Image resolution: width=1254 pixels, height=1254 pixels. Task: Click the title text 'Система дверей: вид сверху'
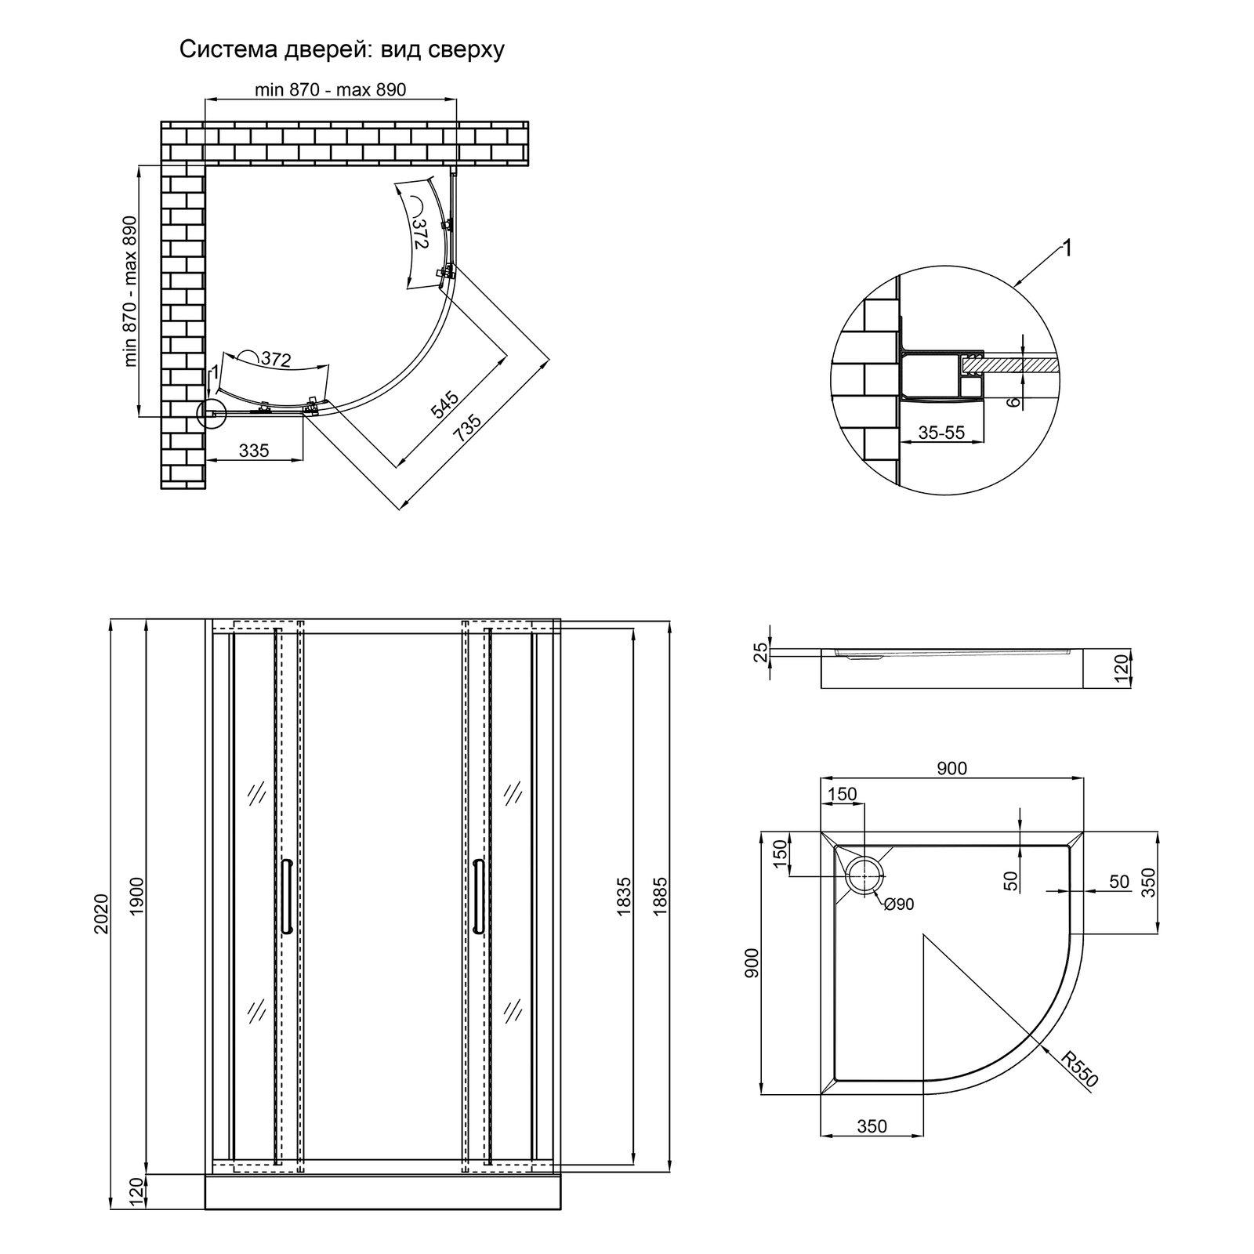[342, 50]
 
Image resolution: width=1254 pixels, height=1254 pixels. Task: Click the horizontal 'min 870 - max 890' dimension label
[330, 89]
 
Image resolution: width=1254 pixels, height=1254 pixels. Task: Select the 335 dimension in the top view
[254, 451]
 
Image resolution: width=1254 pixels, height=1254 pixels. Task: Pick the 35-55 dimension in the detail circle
[942, 432]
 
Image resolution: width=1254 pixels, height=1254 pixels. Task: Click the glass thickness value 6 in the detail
[1013, 401]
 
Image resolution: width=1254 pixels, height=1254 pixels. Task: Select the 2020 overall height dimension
[100, 913]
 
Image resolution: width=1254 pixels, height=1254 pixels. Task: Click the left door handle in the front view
[287, 895]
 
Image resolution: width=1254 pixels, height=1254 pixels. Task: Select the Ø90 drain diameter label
[898, 904]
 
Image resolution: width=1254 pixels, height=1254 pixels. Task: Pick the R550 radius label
[1080, 1068]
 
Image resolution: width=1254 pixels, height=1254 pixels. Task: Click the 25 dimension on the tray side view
[759, 653]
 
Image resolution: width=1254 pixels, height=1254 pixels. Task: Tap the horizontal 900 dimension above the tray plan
[951, 769]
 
